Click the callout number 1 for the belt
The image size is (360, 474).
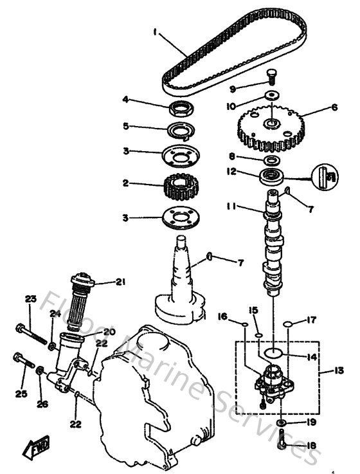[155, 31]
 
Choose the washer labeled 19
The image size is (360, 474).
[282, 423]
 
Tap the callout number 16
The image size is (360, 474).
[222, 316]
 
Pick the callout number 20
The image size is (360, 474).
[107, 332]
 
